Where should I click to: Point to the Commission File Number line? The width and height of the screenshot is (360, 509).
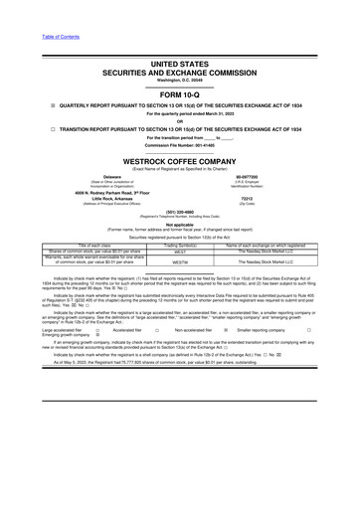(180, 145)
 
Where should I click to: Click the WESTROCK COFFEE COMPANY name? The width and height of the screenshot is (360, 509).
(180, 160)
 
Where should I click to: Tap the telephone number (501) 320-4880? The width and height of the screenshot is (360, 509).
(180, 211)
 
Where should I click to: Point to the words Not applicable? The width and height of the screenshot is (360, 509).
(180, 223)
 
